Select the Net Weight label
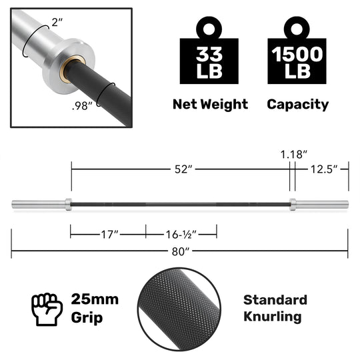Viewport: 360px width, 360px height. (210, 105)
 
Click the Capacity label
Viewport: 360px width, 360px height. (297, 105)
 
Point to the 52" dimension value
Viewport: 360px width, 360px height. (180, 169)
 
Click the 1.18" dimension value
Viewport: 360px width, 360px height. (294, 153)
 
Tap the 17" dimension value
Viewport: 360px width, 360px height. (107, 234)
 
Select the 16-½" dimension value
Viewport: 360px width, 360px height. (181, 234)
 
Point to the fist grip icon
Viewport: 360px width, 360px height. (46, 307)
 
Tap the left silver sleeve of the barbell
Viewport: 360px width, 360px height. (41, 203)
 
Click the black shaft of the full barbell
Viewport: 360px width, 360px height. (180, 203)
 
